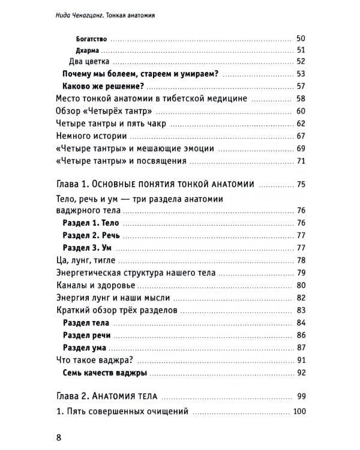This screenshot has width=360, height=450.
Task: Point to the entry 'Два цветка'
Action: point(88,62)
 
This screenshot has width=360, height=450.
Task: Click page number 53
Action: point(301,74)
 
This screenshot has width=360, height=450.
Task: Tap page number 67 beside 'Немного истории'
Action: point(301,137)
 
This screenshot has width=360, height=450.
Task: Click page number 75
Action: point(301,184)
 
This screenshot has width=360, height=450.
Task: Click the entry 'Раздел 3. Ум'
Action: point(87,248)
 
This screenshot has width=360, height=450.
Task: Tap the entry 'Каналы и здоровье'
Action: point(96,285)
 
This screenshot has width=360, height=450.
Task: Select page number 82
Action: point(301,298)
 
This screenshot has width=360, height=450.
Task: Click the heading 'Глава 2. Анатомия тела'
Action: point(105,397)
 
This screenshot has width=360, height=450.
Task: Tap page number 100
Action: point(298,412)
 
